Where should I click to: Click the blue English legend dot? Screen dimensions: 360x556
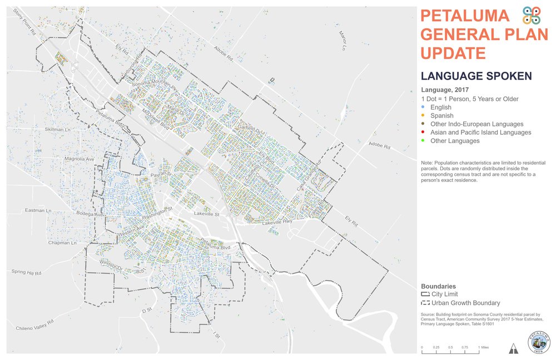tap(424, 107)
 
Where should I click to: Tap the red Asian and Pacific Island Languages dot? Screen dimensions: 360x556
tap(424, 132)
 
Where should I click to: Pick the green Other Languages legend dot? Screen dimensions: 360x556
tap(424, 141)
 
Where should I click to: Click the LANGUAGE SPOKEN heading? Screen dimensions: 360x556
tap(476, 76)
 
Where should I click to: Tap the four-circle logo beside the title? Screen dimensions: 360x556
tap(532, 16)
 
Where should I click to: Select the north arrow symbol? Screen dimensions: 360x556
tap(513, 348)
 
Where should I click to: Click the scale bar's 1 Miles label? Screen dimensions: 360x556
tap(483, 347)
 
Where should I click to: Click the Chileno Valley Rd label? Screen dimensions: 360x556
tap(34, 324)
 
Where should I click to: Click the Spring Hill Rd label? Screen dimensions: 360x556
tap(27, 273)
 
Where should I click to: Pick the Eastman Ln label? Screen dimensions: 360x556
tap(38, 211)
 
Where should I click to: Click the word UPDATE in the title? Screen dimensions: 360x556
tap(453, 53)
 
